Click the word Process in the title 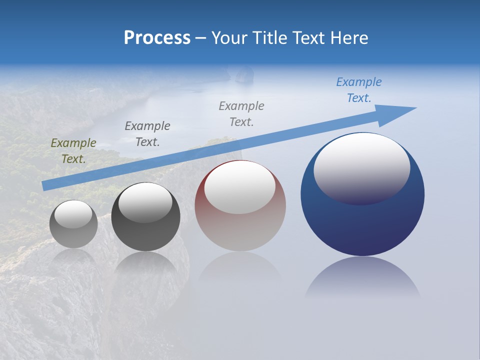(157, 38)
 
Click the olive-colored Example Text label (73, 151)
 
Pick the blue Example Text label (358, 90)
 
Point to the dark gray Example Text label (147, 134)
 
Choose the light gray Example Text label (241, 114)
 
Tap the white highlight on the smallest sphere (73, 214)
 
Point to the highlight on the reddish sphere (239, 186)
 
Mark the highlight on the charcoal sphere (145, 201)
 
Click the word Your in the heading (229, 38)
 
